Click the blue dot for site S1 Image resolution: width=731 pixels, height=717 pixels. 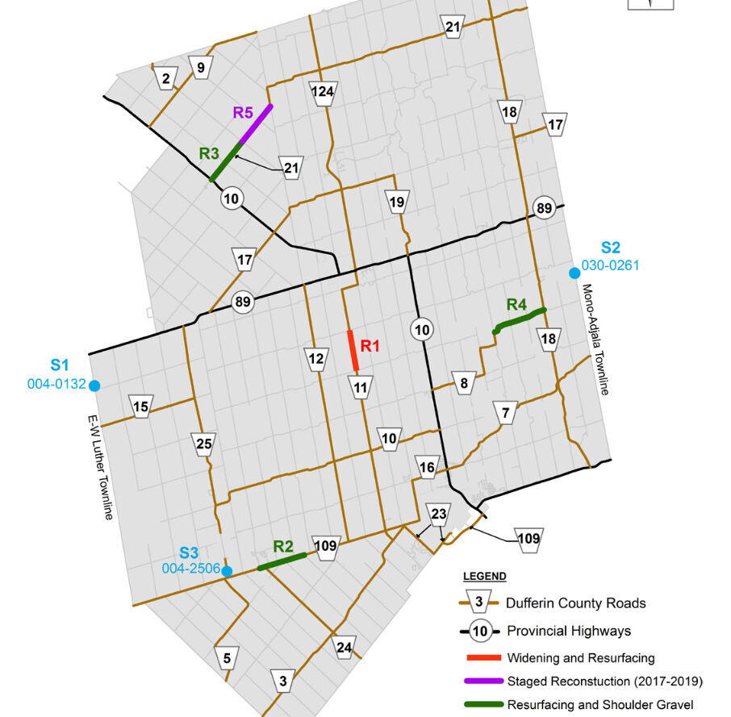94,386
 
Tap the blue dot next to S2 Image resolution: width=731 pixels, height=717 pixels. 574,273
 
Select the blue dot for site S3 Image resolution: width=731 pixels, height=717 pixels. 228,571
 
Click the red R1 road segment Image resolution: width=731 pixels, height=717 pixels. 353,351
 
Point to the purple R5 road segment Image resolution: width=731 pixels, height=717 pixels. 255,125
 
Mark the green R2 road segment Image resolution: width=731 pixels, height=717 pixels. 282,561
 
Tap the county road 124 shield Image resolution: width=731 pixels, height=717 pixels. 322,92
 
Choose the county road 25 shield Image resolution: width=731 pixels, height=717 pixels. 204,443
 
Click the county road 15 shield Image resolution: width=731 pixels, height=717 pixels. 141,406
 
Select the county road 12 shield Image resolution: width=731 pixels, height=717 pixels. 316,358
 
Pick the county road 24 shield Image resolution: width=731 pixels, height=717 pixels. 345,648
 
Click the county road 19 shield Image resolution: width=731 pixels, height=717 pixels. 397,202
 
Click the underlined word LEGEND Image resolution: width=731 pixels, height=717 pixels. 484,576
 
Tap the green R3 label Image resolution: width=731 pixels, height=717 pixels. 210,153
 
